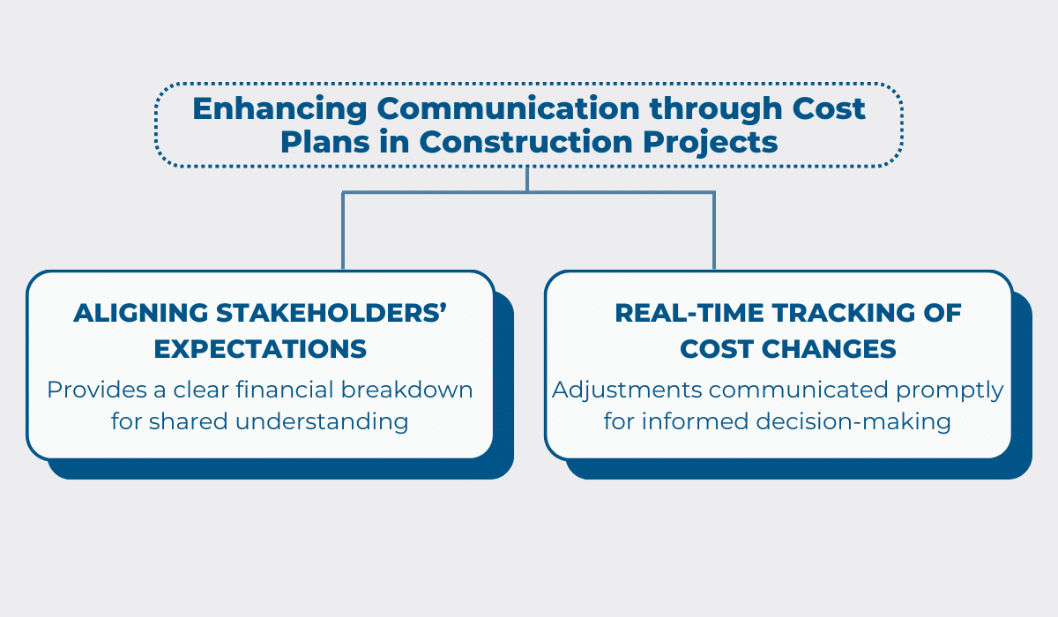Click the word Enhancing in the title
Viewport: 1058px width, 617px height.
[279, 109]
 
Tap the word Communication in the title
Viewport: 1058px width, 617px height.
[508, 108]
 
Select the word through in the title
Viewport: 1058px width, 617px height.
[716, 109]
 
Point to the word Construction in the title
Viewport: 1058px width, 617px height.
[525, 142]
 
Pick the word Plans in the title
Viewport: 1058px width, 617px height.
[324, 142]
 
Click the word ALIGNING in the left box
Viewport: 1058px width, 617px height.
[141, 313]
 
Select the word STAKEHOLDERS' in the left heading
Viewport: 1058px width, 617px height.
[332, 313]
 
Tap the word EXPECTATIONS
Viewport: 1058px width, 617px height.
[260, 349]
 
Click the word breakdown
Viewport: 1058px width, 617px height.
[406, 390]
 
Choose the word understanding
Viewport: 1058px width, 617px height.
[322, 421]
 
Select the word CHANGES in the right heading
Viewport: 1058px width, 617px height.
[829, 349]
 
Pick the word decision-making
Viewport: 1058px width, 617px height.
[853, 421]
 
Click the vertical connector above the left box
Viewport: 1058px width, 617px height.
[343, 231]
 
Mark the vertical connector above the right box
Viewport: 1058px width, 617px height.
[713, 231]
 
